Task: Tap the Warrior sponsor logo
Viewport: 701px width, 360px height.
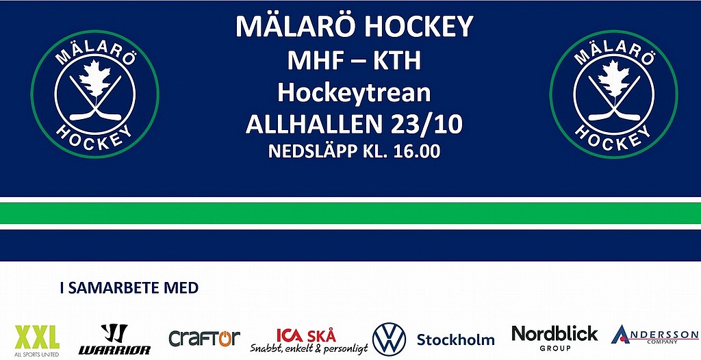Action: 114,339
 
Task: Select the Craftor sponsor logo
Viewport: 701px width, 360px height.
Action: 204,338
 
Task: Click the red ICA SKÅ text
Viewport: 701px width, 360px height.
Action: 306,335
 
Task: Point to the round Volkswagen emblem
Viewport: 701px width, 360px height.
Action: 389,339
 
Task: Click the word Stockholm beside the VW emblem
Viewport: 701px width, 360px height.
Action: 455,339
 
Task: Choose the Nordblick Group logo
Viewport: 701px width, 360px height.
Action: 555,338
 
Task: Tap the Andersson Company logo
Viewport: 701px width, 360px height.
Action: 654,335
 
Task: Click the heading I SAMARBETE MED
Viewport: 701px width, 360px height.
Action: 129,288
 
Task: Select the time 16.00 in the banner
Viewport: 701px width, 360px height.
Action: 417,151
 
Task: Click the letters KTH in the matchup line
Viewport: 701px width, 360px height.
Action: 397,60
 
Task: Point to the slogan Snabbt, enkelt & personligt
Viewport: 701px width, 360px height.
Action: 309,348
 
